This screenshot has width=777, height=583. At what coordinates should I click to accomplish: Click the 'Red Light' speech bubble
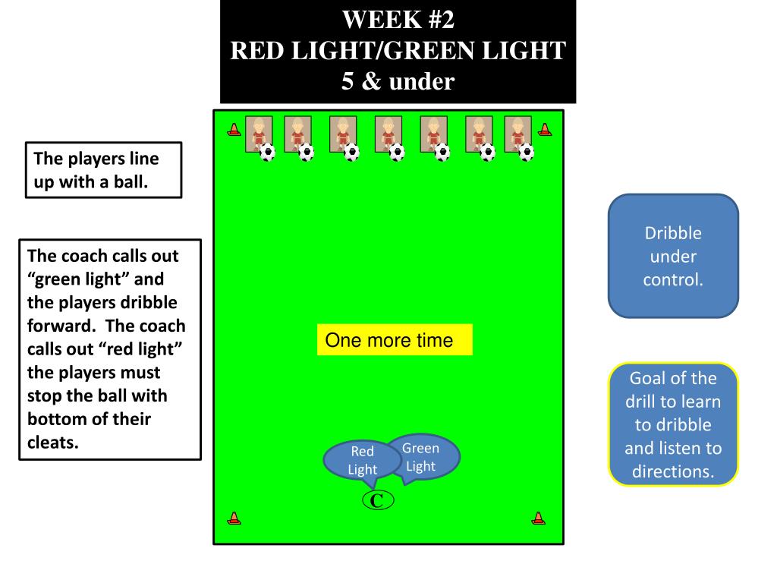tap(362, 460)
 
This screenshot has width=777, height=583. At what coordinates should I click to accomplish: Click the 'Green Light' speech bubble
tap(422, 455)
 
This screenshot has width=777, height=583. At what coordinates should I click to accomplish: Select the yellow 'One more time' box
tap(395, 340)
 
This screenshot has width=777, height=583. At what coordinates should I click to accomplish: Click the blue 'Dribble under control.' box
tap(673, 256)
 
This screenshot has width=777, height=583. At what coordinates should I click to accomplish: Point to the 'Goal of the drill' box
tap(673, 424)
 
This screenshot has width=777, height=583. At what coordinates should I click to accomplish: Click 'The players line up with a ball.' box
tap(104, 170)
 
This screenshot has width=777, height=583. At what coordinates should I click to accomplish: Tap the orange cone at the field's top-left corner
tap(234, 130)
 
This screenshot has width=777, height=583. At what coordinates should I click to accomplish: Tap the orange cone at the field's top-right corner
tap(544, 130)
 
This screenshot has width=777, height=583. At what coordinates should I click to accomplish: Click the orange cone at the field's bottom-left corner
tap(234, 518)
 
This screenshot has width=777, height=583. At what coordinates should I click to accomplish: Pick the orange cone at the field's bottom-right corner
tap(538, 518)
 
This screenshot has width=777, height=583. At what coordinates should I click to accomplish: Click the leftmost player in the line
tap(259, 134)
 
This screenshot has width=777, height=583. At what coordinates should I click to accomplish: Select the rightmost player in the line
tap(517, 134)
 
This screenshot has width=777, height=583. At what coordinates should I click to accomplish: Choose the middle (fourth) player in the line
tap(388, 134)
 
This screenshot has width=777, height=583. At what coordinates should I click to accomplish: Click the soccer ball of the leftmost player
tap(268, 153)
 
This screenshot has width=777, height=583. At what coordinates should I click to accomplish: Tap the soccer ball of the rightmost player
tap(527, 153)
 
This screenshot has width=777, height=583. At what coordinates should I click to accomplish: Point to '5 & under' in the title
tap(398, 81)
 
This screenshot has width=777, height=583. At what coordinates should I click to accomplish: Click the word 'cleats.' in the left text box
tap(53, 443)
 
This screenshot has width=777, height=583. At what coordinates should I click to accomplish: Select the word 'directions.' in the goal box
tap(673, 471)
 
